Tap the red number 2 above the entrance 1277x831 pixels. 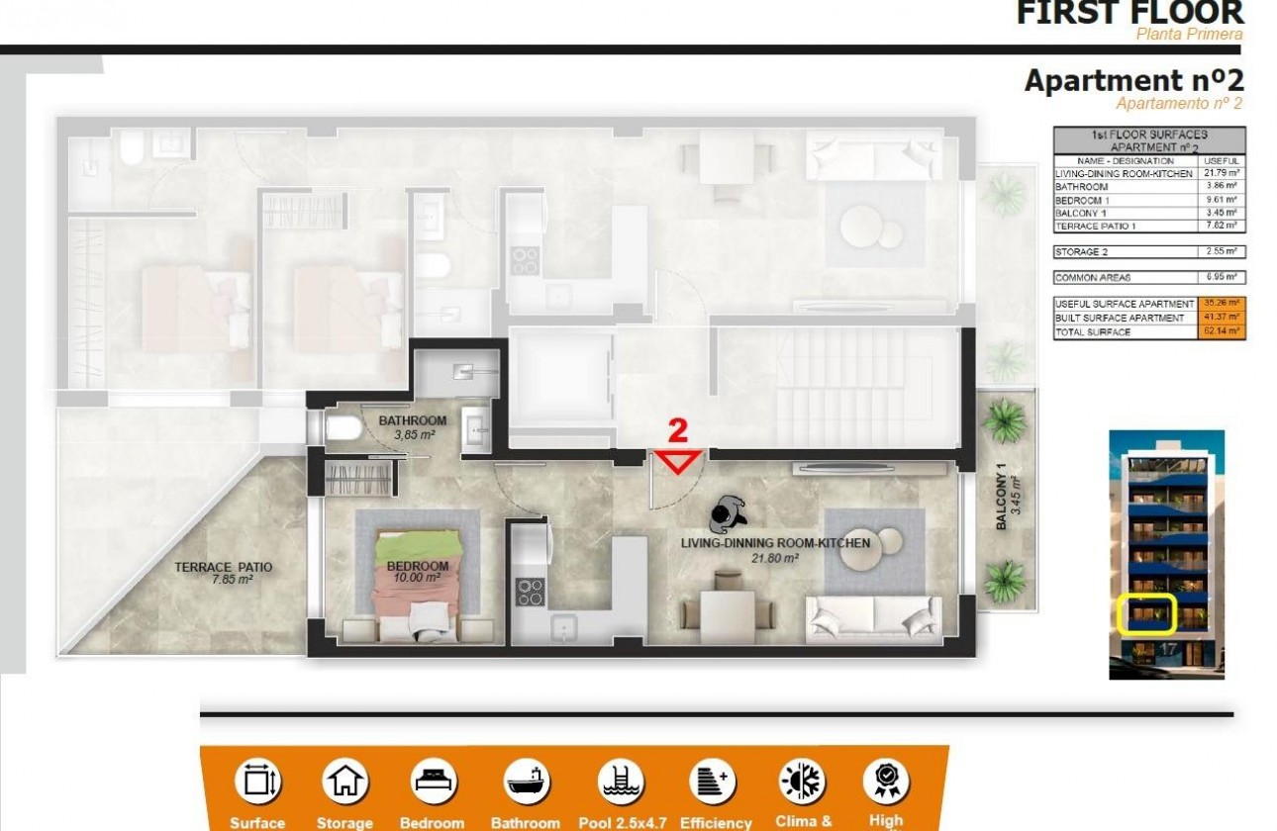[678, 430]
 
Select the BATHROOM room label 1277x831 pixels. [412, 420]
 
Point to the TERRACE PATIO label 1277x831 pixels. [223, 573]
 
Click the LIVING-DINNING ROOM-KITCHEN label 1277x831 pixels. [775, 543]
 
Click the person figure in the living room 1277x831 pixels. [729, 512]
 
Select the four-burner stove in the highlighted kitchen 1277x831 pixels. [530, 592]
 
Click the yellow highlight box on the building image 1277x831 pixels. [1145, 613]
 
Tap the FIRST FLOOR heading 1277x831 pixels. [1129, 14]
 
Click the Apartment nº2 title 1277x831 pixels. [1132, 80]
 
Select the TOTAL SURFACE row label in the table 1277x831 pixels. [1092, 332]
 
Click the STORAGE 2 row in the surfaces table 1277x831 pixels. [1148, 252]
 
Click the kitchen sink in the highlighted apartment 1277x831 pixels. [563, 624]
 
